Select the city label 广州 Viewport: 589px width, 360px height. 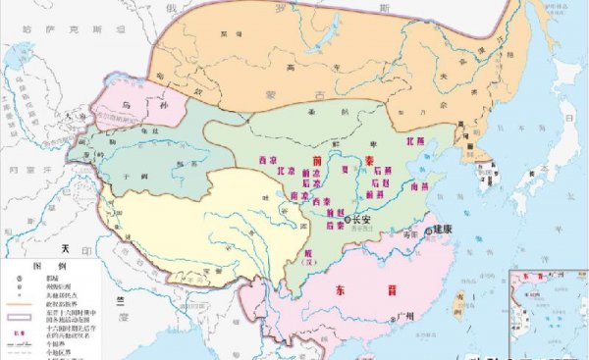coord(408,315)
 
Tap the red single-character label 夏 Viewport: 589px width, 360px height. coord(344,170)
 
